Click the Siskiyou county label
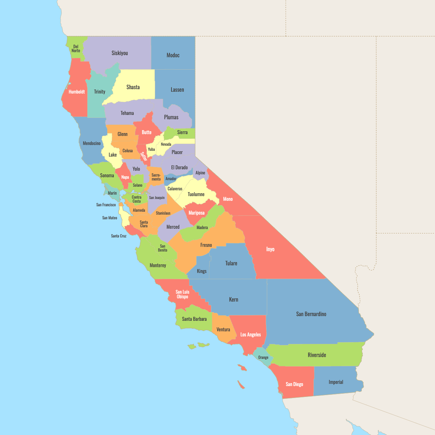(120, 53)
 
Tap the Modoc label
(173, 55)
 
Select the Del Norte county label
(76, 49)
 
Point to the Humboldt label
(77, 92)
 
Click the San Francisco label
(106, 205)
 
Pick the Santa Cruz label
(119, 236)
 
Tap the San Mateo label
(109, 218)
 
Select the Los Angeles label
(250, 335)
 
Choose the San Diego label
(294, 384)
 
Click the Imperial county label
(336, 382)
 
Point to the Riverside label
(317, 355)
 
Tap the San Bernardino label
(311, 314)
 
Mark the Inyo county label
(270, 249)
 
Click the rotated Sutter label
(144, 157)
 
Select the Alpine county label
(200, 173)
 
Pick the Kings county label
(202, 271)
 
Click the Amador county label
(171, 179)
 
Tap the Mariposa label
(196, 213)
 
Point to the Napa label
(125, 177)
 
